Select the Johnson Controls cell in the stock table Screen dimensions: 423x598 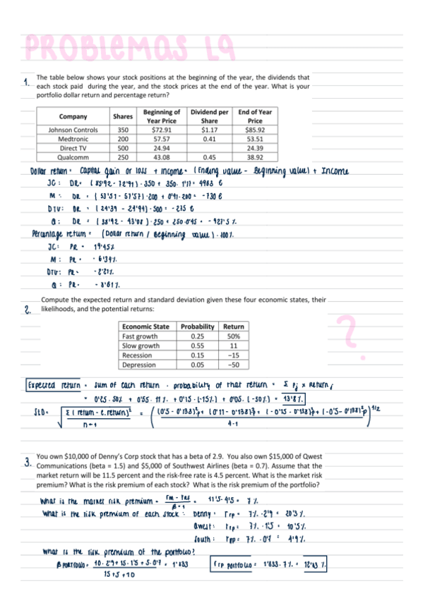click(73, 130)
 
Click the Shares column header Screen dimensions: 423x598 click(123, 116)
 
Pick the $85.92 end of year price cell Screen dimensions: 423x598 click(255, 130)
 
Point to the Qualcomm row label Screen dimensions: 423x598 click(73, 157)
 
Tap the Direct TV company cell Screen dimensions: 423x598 click(73, 148)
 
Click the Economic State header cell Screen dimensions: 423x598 click(145, 327)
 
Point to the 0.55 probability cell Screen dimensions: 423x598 click(197, 346)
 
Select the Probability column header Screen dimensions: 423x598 click(197, 327)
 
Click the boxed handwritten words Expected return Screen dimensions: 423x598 click(48, 386)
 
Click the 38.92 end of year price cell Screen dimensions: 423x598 click(255, 157)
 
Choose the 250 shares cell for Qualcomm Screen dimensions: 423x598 click(123, 157)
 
